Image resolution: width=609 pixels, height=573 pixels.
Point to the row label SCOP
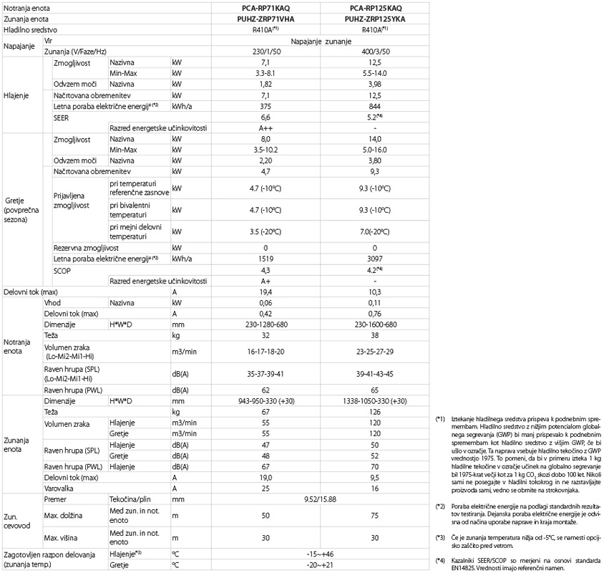pos(63,270)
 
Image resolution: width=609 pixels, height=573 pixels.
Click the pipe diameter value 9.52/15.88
pos(319,497)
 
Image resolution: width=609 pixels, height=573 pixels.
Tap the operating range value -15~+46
pos(319,554)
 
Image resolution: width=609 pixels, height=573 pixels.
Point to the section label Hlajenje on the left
pos(16,95)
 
